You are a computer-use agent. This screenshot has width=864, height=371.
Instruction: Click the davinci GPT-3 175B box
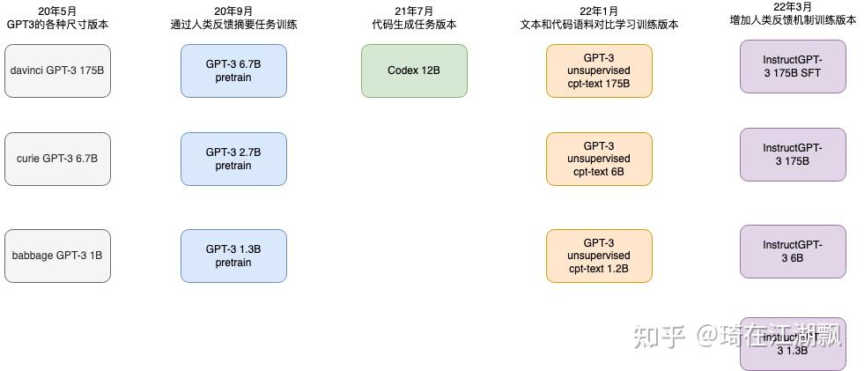[57, 70]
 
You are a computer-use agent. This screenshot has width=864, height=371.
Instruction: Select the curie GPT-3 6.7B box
[57, 159]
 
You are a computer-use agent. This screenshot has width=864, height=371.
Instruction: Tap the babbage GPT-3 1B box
[57, 256]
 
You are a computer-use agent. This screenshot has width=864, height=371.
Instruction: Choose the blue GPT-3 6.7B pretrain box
[233, 70]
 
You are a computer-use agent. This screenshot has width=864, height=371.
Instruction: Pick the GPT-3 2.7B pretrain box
[233, 159]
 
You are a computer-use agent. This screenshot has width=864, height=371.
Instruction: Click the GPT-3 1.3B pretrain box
[233, 256]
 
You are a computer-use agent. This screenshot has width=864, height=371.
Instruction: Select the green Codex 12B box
[414, 70]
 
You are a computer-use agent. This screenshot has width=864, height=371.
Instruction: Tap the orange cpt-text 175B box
[599, 70]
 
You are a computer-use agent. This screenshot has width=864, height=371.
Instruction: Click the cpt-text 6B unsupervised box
[599, 159]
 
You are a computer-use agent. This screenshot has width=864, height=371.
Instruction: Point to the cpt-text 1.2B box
[599, 256]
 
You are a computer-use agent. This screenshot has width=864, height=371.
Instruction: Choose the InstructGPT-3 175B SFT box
[793, 66]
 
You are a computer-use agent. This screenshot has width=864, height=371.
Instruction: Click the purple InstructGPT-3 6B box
[793, 251]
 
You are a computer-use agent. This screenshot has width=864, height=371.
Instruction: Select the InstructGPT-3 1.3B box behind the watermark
[793, 344]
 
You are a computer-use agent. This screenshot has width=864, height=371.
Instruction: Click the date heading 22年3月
[793, 6]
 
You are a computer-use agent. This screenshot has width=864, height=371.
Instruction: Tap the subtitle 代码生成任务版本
[414, 25]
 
